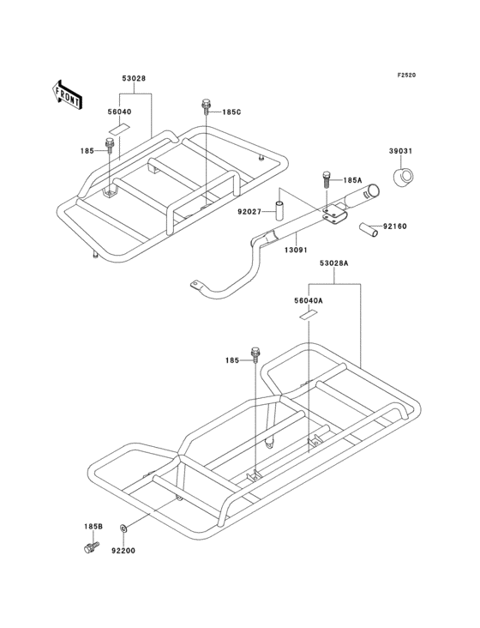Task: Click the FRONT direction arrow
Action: pos(67,94)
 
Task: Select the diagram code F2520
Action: pos(406,75)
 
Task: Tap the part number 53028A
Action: pos(334,263)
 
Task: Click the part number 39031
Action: pos(400,151)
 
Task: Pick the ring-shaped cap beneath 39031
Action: pos(402,177)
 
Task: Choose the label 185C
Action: pos(231,112)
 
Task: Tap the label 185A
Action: pos(352,181)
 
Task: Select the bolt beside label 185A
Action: pos(327,181)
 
